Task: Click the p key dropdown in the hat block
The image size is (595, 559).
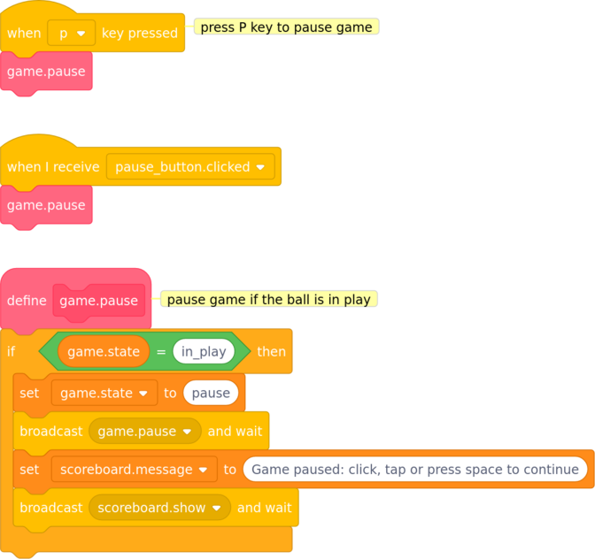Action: (x=72, y=33)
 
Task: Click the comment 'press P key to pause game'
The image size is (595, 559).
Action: (x=287, y=27)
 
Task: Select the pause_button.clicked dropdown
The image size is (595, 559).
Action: (x=190, y=166)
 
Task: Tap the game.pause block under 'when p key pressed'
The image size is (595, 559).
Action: (x=46, y=72)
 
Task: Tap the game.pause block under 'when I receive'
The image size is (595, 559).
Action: (x=46, y=205)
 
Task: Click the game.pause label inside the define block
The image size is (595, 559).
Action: (x=98, y=301)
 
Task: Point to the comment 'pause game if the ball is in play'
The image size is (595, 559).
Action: (x=269, y=299)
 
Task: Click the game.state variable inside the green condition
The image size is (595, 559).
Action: (x=104, y=351)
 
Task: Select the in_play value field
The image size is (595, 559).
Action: (x=204, y=351)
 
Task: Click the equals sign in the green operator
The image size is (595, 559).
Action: (x=161, y=352)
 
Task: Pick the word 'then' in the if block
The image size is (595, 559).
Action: (x=271, y=352)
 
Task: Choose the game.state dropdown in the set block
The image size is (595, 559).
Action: (x=104, y=393)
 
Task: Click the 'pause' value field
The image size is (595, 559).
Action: (x=211, y=393)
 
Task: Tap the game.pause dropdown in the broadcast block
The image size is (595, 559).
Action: (x=145, y=432)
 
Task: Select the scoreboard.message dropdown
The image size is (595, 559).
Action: (x=135, y=470)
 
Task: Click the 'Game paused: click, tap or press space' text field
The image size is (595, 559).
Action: (x=415, y=470)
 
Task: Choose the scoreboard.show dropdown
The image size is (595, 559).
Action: (x=159, y=508)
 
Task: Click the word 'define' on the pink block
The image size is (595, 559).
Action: (x=27, y=301)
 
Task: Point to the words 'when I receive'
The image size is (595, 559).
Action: (x=53, y=167)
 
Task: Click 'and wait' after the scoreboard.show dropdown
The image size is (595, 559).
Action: (x=265, y=508)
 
